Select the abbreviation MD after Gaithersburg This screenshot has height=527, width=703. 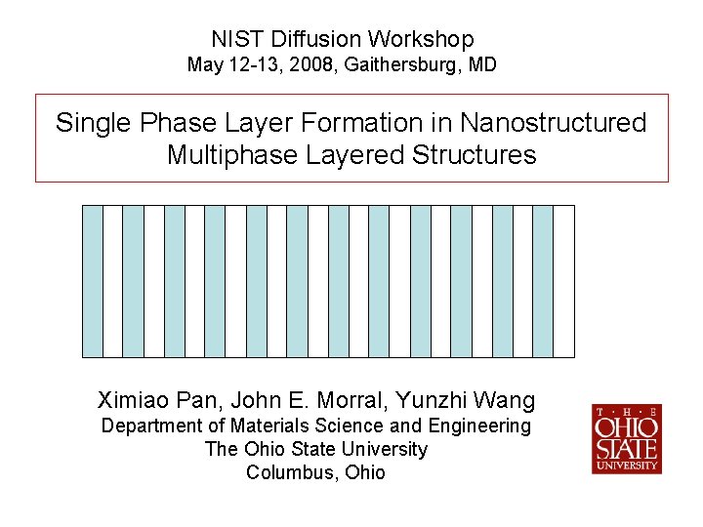point(482,65)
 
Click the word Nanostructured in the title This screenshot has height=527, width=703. point(553,123)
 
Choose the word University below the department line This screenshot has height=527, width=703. point(382,449)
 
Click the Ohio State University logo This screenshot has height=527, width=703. point(626,439)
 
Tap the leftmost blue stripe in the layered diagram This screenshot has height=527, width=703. point(93,281)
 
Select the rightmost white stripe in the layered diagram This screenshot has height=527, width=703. point(564,281)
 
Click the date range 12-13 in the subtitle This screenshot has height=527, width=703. point(245,65)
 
